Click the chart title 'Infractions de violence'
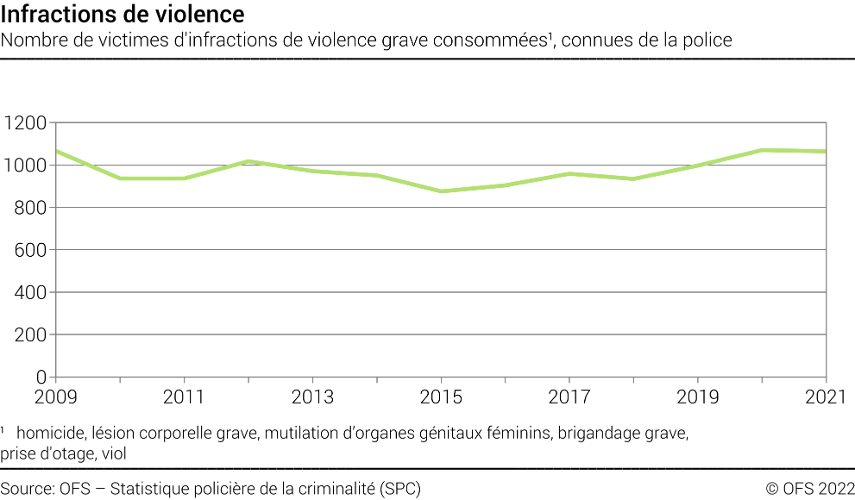tap(123, 15)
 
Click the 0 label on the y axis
tap(40, 377)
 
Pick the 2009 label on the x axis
tap(56, 397)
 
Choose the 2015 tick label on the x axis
tap(441, 397)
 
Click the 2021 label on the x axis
tap(826, 397)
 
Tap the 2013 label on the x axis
tap(312, 397)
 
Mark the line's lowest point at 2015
tap(441, 191)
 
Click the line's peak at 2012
tap(248, 161)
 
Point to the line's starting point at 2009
tap(56, 151)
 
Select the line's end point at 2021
tap(826, 152)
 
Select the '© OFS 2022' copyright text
tap(809, 489)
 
